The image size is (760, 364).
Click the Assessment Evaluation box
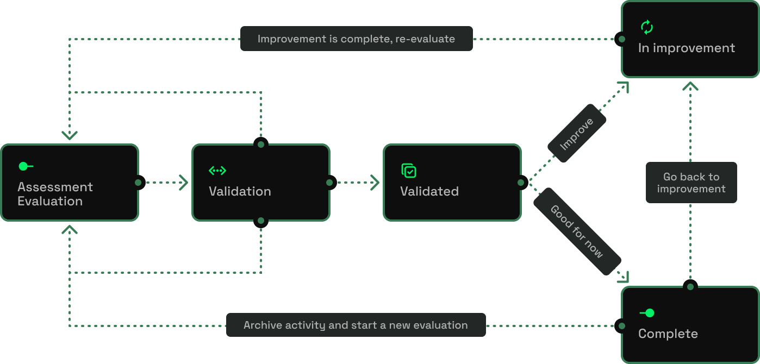[x=70, y=183]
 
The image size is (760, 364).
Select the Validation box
[x=261, y=183]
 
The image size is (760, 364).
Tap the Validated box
[x=452, y=183]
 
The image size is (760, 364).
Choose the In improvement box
[x=690, y=39]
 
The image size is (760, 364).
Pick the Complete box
[x=690, y=325]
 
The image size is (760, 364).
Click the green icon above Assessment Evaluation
[x=26, y=166]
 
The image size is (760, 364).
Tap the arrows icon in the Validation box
[x=217, y=171]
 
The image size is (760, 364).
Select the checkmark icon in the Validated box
[x=409, y=171]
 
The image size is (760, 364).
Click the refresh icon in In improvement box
[x=647, y=27]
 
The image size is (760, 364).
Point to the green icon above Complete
[x=647, y=313]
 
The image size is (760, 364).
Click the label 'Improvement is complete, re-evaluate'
[x=356, y=39]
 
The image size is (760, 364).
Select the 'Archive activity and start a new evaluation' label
[x=356, y=325]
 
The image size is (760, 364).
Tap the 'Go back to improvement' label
[x=691, y=183]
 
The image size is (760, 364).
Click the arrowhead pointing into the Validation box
[x=184, y=183]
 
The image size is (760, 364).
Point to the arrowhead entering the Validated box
[x=375, y=183]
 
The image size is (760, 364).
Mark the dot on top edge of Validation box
[x=261, y=145]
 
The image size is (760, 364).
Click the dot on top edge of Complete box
[x=690, y=286]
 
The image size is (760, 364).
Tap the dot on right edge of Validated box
[x=521, y=183]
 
